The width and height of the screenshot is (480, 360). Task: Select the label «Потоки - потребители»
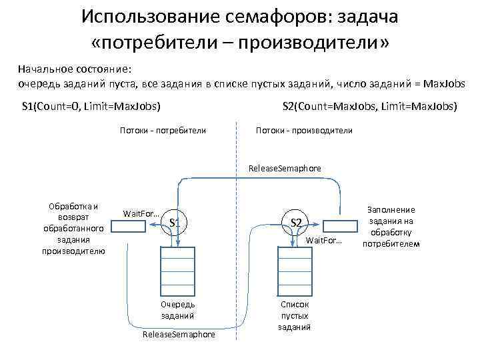pyautogui.click(x=163, y=131)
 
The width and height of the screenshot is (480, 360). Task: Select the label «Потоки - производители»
pyautogui.click(x=304, y=131)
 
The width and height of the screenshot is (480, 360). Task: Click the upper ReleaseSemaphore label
pyautogui.click(x=284, y=169)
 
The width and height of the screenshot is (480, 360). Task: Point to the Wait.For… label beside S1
pyautogui.click(x=140, y=213)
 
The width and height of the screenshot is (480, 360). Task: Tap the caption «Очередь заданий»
pyautogui.click(x=177, y=309)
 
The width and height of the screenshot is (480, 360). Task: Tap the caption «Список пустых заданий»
pyautogui.click(x=295, y=315)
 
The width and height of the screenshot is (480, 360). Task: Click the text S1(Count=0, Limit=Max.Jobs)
pyautogui.click(x=91, y=106)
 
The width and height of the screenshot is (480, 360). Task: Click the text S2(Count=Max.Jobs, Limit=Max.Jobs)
pyautogui.click(x=370, y=106)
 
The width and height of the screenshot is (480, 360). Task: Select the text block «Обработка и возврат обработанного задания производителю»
pyautogui.click(x=73, y=228)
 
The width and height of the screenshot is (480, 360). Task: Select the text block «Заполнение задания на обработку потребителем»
pyautogui.click(x=400, y=227)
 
